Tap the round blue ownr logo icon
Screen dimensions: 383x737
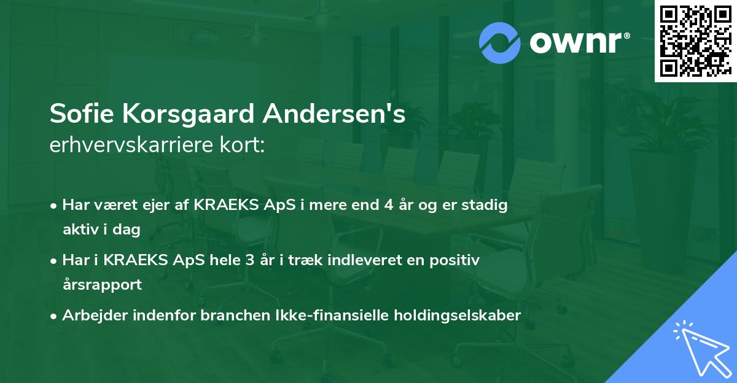[x=499, y=43]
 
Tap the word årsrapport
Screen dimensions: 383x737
[x=102, y=285]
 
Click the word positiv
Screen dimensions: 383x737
[x=454, y=260]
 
